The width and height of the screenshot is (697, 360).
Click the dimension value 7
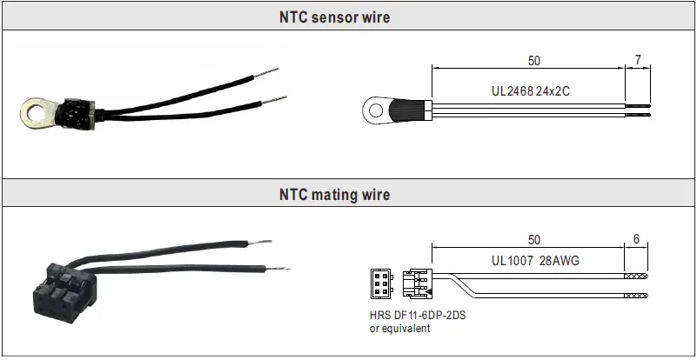pyautogui.click(x=638, y=61)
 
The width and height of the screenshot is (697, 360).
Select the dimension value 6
pyautogui.click(x=637, y=239)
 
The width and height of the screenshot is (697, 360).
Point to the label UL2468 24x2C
pyautogui.click(x=529, y=90)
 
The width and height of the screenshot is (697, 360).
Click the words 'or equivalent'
pyautogui.click(x=400, y=328)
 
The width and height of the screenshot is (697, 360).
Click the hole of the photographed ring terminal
pyautogui.click(x=34, y=111)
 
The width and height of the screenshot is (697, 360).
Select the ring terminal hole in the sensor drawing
pyautogui.click(x=377, y=110)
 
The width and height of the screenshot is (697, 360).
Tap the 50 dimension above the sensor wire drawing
pyautogui.click(x=533, y=61)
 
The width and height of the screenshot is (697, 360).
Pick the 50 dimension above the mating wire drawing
pyautogui.click(x=533, y=239)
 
